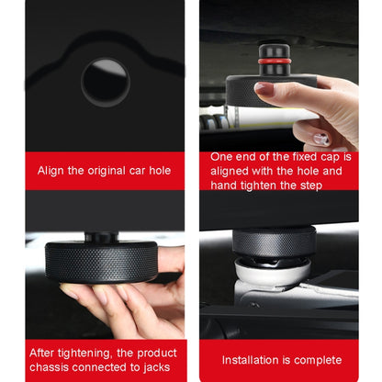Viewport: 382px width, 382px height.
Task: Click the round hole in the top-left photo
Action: [x=106, y=83]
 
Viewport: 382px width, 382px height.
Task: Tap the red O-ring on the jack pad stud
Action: [x=274, y=62]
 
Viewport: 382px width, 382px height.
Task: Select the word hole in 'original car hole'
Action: [x=160, y=171]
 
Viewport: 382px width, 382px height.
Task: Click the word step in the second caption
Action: [x=311, y=185]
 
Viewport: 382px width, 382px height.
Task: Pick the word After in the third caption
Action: [x=42, y=353]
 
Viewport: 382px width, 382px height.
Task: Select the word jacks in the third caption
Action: [x=157, y=367]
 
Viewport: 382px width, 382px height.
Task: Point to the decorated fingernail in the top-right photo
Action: [x=321, y=139]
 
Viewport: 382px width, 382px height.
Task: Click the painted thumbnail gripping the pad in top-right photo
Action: [x=263, y=88]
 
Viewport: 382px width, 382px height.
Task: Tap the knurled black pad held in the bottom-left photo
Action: [x=101, y=261]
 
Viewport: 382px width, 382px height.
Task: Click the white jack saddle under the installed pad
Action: [x=272, y=271]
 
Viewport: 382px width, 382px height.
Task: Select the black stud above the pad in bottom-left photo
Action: [x=101, y=237]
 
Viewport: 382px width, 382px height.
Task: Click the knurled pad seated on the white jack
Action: [x=274, y=242]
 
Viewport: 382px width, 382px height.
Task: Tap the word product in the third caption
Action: [x=157, y=354]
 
